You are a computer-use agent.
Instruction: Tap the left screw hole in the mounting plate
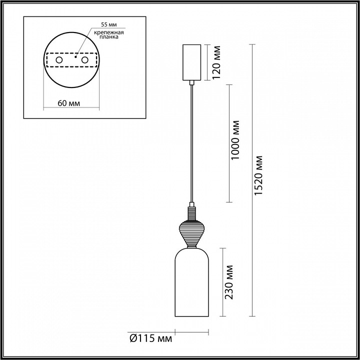tap(59, 60)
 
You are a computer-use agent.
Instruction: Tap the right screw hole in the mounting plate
tap(85, 60)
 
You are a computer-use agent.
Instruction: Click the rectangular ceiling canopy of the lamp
tap(191, 62)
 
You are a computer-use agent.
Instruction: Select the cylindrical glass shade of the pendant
tap(191, 285)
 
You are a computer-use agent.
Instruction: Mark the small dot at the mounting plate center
tap(75, 57)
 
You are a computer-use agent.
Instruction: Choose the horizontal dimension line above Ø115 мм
tap(191, 330)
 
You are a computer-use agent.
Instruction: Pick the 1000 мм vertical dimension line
tap(229, 143)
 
